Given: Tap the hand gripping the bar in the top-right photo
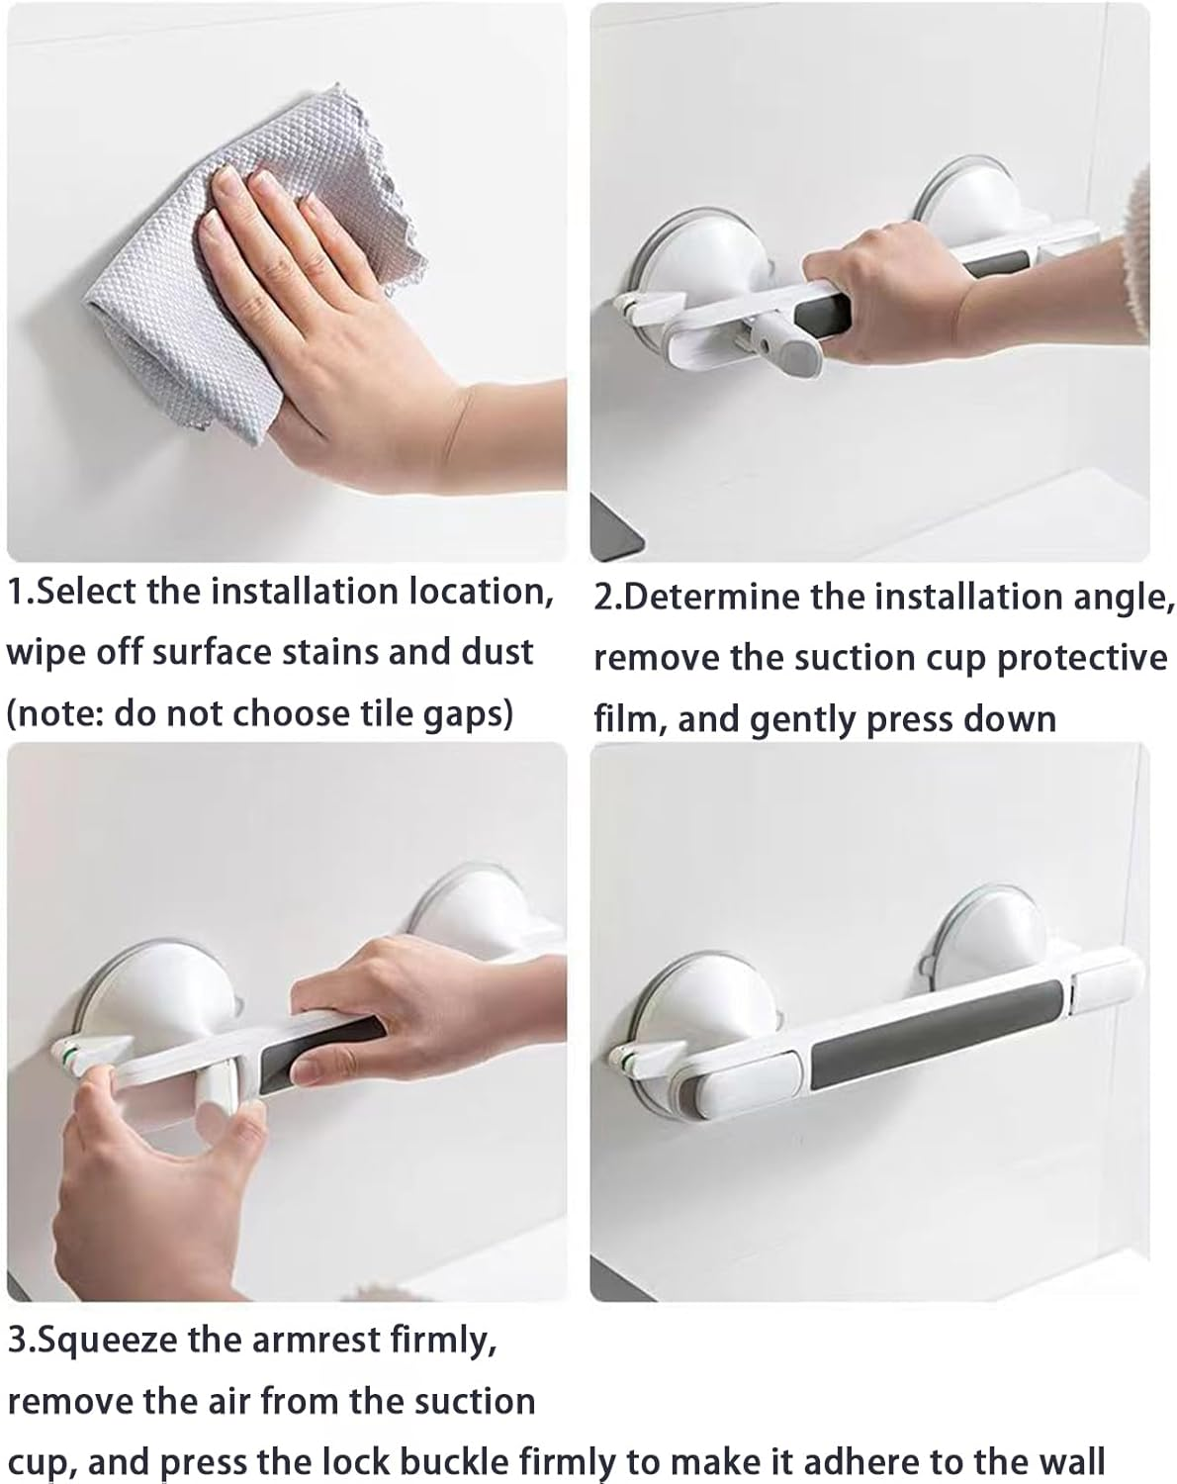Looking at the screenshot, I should pyautogui.click(x=880, y=297).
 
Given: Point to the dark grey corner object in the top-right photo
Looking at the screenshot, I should pyautogui.click(x=617, y=524).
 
